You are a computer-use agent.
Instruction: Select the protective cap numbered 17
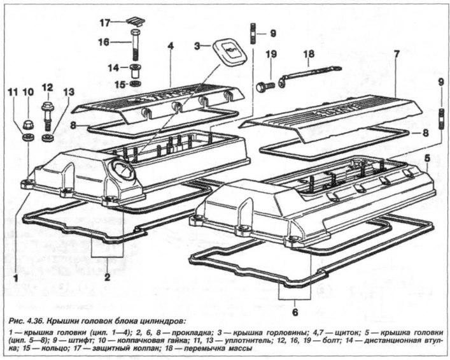pos(136,21)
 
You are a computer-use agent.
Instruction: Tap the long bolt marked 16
pos(136,44)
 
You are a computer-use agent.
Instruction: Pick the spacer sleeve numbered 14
pos(136,71)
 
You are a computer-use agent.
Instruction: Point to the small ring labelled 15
pos(135,84)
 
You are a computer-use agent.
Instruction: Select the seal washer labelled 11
pos(29,137)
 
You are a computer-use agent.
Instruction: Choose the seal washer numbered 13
pos(48,138)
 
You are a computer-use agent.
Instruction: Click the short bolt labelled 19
pos(265,87)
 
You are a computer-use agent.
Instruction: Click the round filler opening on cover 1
pos(123,169)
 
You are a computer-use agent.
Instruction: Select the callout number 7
pos(396,54)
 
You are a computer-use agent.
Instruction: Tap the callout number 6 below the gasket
pos(295,312)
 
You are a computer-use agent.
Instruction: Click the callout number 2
pos(107,277)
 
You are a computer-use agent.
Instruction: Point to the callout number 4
pos(171,46)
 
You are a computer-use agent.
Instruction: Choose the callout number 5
pos(427,158)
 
